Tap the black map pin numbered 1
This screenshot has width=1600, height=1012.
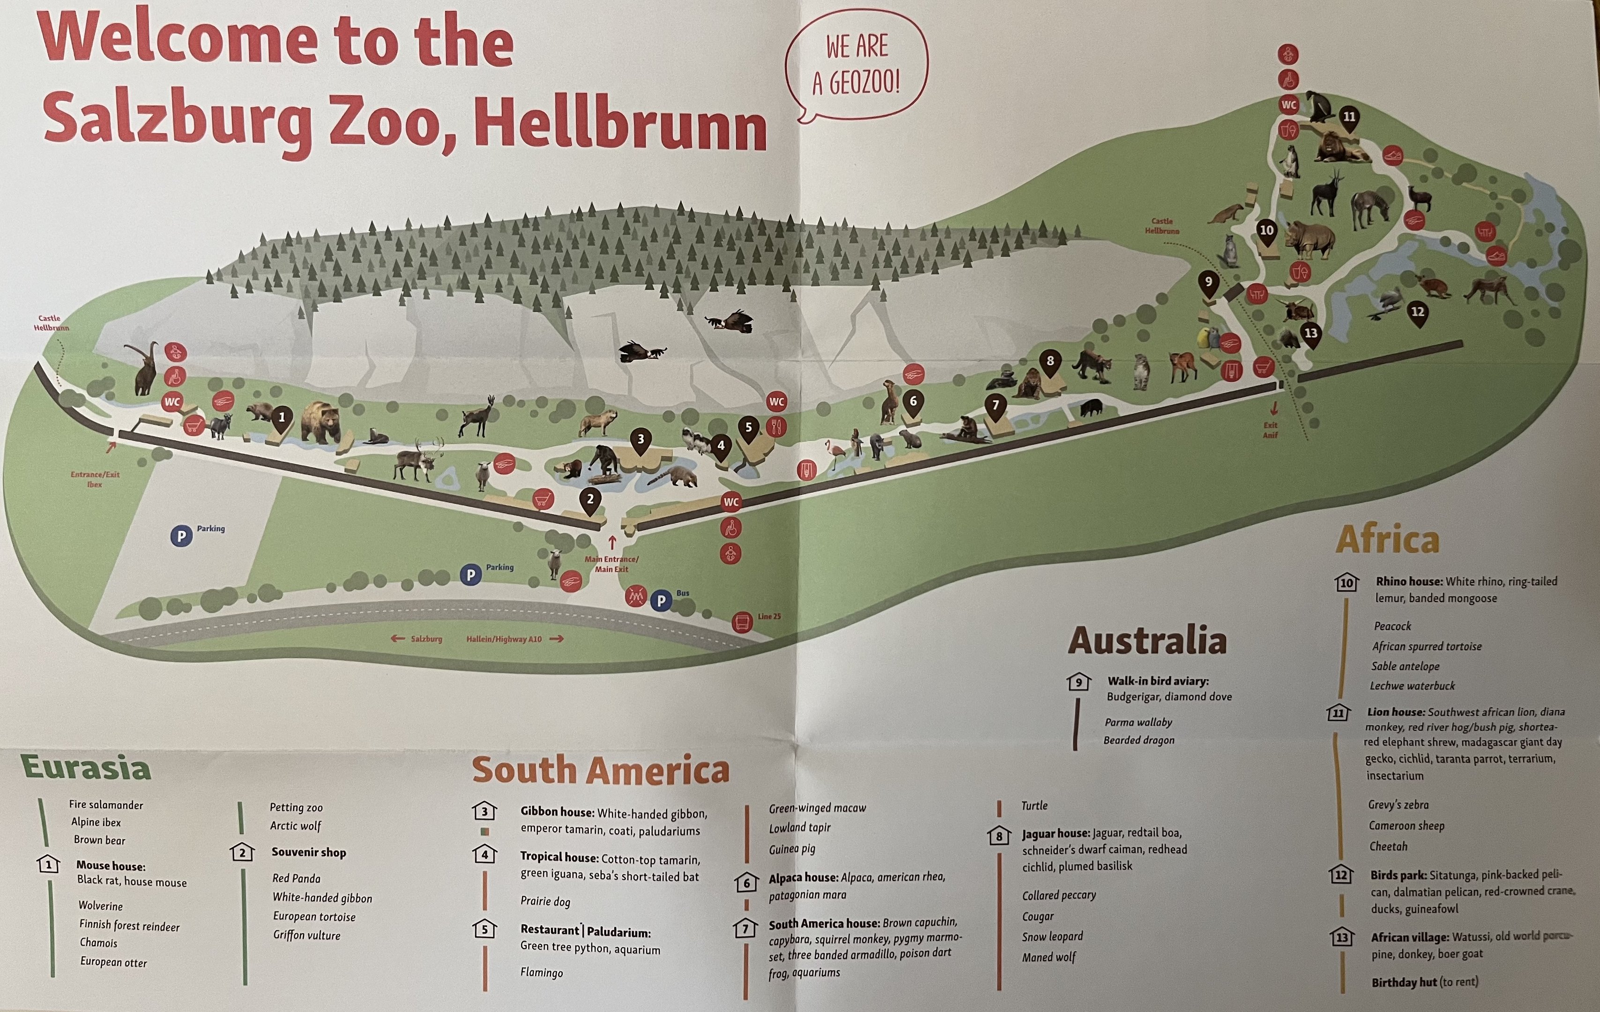click(x=282, y=418)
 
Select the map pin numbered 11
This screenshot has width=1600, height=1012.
click(x=1349, y=118)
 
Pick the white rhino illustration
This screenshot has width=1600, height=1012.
click(x=1310, y=239)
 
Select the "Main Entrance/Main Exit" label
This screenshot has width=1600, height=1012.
click(x=611, y=564)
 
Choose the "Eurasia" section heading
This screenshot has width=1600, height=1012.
click(x=86, y=767)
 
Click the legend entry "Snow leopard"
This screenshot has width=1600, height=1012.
click(x=1052, y=936)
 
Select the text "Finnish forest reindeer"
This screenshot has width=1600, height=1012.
click(x=130, y=926)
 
